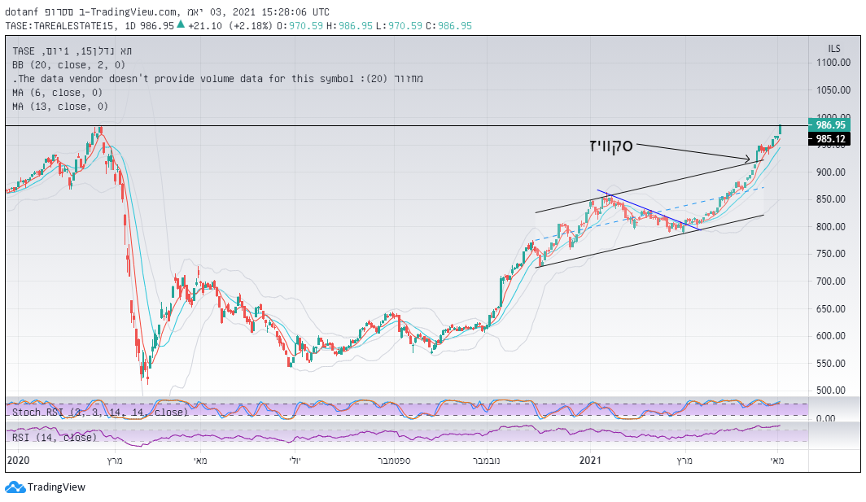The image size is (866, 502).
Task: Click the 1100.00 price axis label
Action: tap(833, 63)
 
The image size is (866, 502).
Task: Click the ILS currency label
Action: tap(833, 49)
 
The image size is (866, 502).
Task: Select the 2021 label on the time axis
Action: tap(590, 461)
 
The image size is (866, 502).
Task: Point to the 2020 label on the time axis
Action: tap(17, 461)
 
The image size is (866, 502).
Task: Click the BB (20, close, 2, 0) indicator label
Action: tap(68, 64)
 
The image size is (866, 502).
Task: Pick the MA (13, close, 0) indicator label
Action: tap(60, 106)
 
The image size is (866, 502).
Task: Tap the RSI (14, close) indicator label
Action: tap(55, 437)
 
